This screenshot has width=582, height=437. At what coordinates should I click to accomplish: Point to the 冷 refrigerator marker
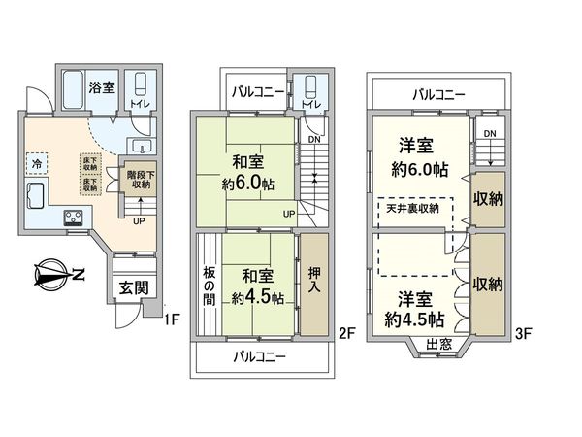[37, 163]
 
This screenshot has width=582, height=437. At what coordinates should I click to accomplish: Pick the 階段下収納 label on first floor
[142, 180]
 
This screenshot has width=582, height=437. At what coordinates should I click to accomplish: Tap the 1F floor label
[173, 315]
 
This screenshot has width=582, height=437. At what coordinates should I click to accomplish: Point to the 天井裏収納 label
[413, 208]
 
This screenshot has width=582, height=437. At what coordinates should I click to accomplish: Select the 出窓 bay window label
[439, 344]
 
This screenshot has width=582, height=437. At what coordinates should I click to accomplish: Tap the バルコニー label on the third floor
[438, 94]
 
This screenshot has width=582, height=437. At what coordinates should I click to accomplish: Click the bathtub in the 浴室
[76, 92]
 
